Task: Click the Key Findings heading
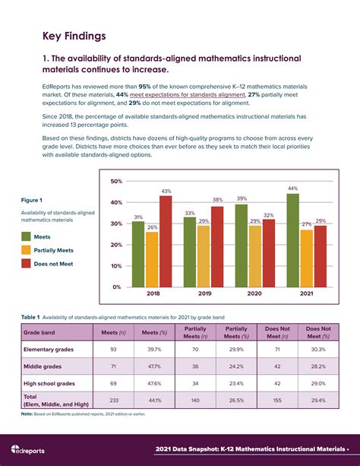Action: click(x=74, y=36)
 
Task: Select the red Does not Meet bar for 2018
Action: click(x=165, y=241)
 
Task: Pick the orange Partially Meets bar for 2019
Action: click(x=204, y=256)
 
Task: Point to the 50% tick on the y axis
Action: click(x=115, y=181)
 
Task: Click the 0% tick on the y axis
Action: click(x=117, y=287)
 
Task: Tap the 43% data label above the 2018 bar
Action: click(x=166, y=191)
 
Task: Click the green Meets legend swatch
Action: click(x=27, y=236)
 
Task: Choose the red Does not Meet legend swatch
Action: click(x=27, y=263)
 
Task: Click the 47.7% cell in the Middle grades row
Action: click(x=156, y=366)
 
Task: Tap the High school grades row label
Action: click(x=49, y=383)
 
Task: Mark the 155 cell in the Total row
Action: click(x=276, y=401)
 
